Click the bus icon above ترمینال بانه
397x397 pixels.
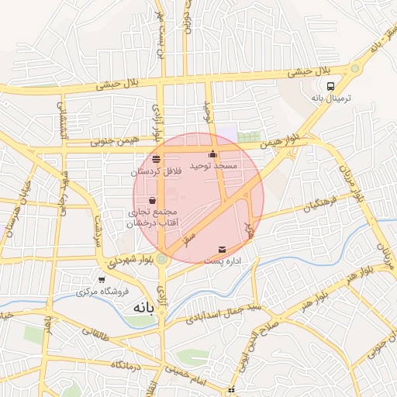coord(331,86)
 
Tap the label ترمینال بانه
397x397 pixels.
coord(331,98)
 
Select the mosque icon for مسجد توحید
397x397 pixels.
coord(213,154)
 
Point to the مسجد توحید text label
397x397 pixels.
coord(230,166)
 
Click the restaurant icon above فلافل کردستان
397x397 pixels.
coord(157,159)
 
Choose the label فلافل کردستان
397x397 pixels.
coord(157,170)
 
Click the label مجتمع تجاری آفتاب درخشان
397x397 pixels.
coord(152,217)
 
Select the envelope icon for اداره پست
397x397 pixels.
coord(223,250)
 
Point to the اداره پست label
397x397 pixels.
coord(223,262)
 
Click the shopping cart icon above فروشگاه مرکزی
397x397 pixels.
coord(102,280)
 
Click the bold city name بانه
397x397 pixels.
coord(145,307)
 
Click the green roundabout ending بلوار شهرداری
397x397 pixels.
coord(161,259)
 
